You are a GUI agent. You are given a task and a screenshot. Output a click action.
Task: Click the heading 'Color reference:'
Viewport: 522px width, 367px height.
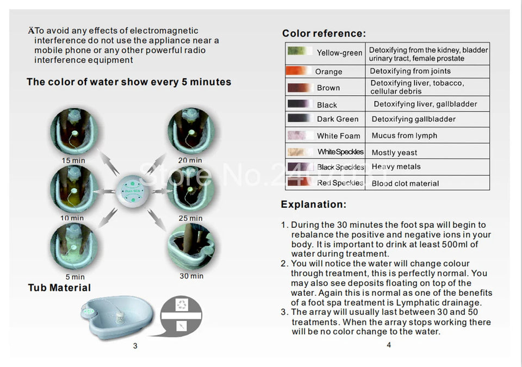tap(324, 34)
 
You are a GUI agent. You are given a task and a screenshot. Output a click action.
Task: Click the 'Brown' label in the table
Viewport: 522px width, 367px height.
tap(328, 88)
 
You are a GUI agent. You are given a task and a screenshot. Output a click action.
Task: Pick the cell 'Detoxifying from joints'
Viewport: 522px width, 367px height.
tap(410, 71)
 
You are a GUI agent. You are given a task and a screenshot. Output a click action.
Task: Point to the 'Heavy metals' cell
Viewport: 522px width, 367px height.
tap(396, 167)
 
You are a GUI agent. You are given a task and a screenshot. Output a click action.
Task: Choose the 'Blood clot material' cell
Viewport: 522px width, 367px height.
tap(405, 183)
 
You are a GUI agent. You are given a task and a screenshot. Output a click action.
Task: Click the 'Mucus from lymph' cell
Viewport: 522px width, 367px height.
tap(404, 135)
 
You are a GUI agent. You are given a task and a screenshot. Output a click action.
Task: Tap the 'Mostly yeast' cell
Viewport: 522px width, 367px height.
tap(394, 153)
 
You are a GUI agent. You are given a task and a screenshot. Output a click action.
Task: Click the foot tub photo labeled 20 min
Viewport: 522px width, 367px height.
tap(190, 131)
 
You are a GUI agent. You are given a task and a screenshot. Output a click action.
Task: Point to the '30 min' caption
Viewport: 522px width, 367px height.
tap(191, 276)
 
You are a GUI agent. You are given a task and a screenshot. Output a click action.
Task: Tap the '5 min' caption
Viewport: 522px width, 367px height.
tap(75, 277)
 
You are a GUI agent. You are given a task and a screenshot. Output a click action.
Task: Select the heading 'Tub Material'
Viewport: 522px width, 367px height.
tap(59, 288)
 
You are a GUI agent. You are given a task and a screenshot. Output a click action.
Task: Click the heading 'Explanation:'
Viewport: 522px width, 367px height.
tap(313, 205)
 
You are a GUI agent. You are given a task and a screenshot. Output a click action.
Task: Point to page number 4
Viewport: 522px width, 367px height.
tap(388, 345)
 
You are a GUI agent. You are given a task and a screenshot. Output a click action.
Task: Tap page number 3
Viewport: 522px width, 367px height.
tap(135, 346)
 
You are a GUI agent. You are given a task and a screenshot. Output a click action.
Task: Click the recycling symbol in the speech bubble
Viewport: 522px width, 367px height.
tap(182, 304)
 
